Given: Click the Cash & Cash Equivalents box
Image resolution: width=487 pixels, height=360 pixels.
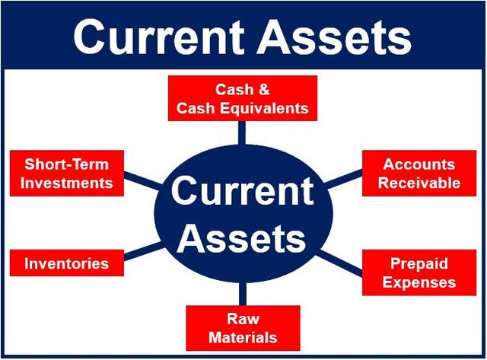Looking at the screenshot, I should coord(242,99).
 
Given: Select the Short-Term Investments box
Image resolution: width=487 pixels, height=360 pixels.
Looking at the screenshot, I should coord(67,174).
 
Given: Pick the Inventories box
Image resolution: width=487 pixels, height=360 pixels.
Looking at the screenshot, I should coord(66,264).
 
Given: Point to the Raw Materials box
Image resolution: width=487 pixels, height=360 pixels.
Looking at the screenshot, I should coord(242,327).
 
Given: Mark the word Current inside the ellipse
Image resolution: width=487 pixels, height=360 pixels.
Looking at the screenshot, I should coord(242,191).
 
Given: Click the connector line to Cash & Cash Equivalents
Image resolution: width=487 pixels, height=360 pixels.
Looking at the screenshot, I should coord(242,132).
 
